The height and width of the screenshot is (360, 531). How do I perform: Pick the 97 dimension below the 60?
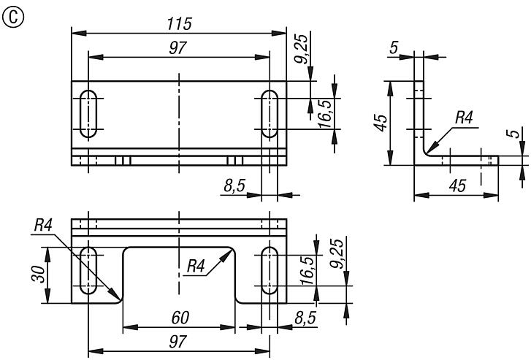[x=178, y=342]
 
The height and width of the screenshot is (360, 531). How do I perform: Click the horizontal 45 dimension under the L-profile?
[x=456, y=186]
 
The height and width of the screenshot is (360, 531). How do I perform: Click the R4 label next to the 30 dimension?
[x=44, y=225]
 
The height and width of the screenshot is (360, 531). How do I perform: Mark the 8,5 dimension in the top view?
[x=235, y=187]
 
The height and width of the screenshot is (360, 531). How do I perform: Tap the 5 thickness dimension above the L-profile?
[x=394, y=48]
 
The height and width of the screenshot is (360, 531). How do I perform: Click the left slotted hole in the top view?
[x=88, y=114]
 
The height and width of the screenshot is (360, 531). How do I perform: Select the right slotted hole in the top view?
[x=270, y=114]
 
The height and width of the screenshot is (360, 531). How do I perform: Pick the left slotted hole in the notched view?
[x=88, y=270]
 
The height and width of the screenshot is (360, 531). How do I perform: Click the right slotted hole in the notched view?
[x=270, y=270]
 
